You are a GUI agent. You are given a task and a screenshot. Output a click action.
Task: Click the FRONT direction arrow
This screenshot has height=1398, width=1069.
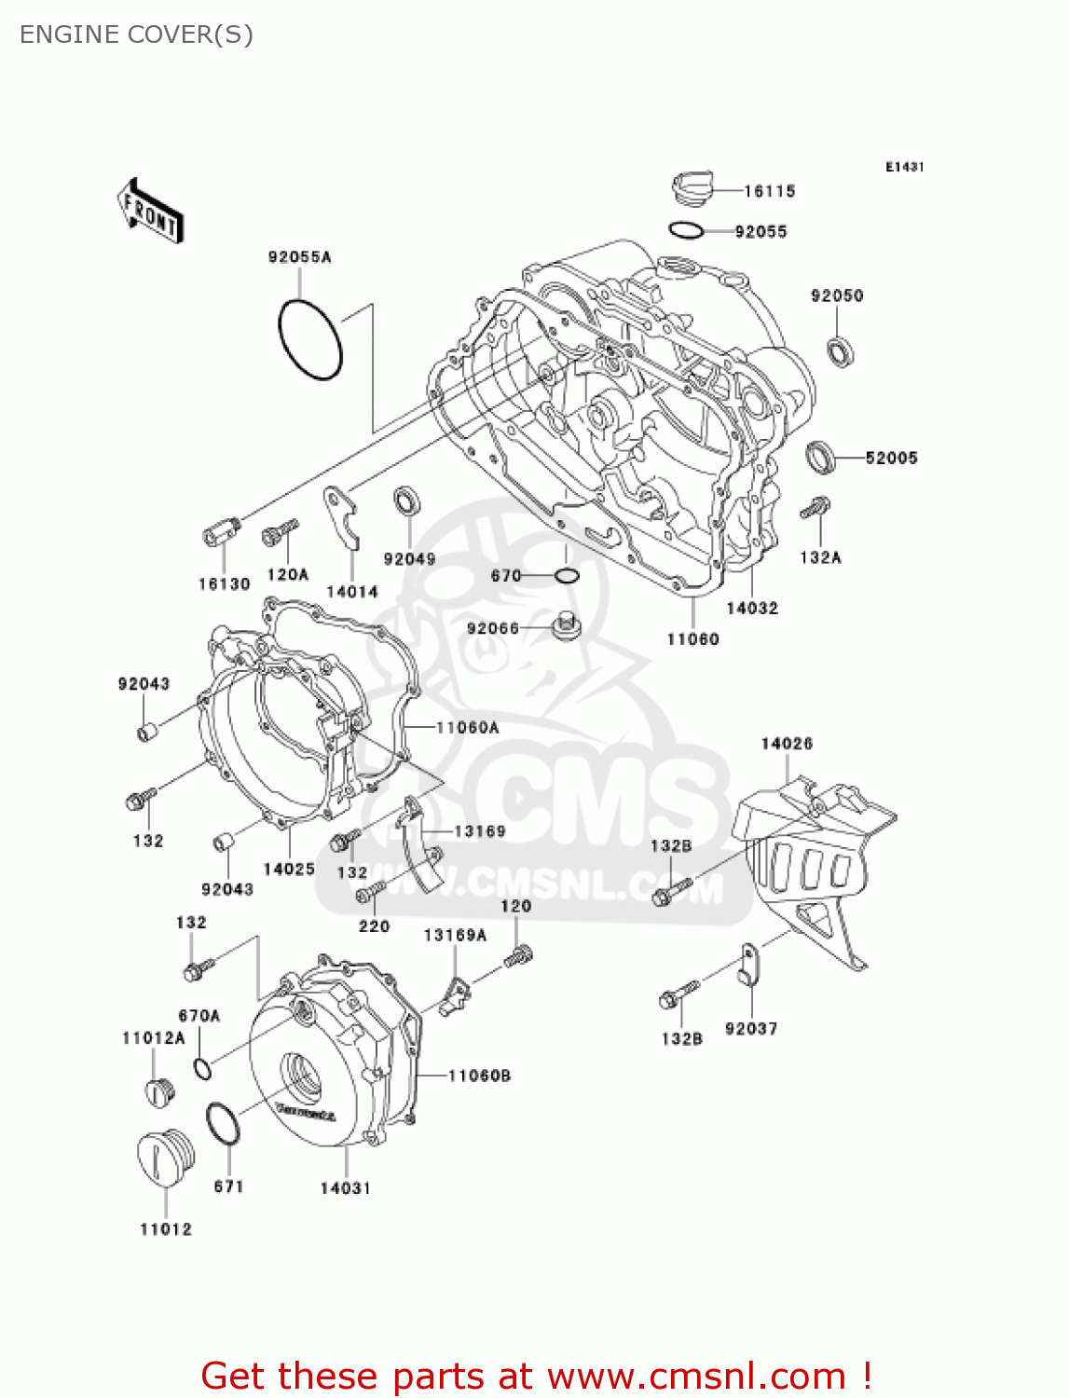pyautogui.click(x=149, y=212)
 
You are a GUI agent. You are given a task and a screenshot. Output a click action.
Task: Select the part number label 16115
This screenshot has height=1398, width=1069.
pyautogui.click(x=769, y=191)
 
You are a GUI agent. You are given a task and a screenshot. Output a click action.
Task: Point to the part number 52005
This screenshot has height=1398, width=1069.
pyautogui.click(x=891, y=458)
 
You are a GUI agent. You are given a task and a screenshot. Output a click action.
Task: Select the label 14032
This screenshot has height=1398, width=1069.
pyautogui.click(x=752, y=608)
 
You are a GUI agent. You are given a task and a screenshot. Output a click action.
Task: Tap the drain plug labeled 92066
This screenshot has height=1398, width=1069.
pyautogui.click(x=566, y=625)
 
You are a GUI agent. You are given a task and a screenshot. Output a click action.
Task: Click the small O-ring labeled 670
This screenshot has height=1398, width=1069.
pyautogui.click(x=567, y=575)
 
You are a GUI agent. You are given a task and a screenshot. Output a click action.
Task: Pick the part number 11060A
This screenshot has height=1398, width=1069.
pyautogui.click(x=467, y=727)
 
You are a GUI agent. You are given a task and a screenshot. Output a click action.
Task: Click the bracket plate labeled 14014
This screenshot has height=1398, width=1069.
pyautogui.click(x=342, y=517)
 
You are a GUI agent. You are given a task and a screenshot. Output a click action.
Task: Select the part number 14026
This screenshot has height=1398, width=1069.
pyautogui.click(x=787, y=743)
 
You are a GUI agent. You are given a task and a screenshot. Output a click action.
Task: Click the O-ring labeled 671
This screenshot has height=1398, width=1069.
pyautogui.click(x=222, y=1124)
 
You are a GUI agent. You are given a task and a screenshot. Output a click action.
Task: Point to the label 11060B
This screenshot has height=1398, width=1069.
pyautogui.click(x=479, y=1076)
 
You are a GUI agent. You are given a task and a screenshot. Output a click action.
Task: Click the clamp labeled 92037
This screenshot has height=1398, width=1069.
pyautogui.click(x=747, y=966)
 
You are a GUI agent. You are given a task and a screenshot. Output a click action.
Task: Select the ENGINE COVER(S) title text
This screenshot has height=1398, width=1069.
pyautogui.click(x=136, y=34)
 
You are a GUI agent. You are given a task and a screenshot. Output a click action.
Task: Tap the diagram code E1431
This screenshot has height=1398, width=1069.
pyautogui.click(x=904, y=167)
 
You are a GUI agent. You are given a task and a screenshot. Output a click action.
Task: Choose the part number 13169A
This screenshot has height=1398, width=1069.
pyautogui.click(x=455, y=934)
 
